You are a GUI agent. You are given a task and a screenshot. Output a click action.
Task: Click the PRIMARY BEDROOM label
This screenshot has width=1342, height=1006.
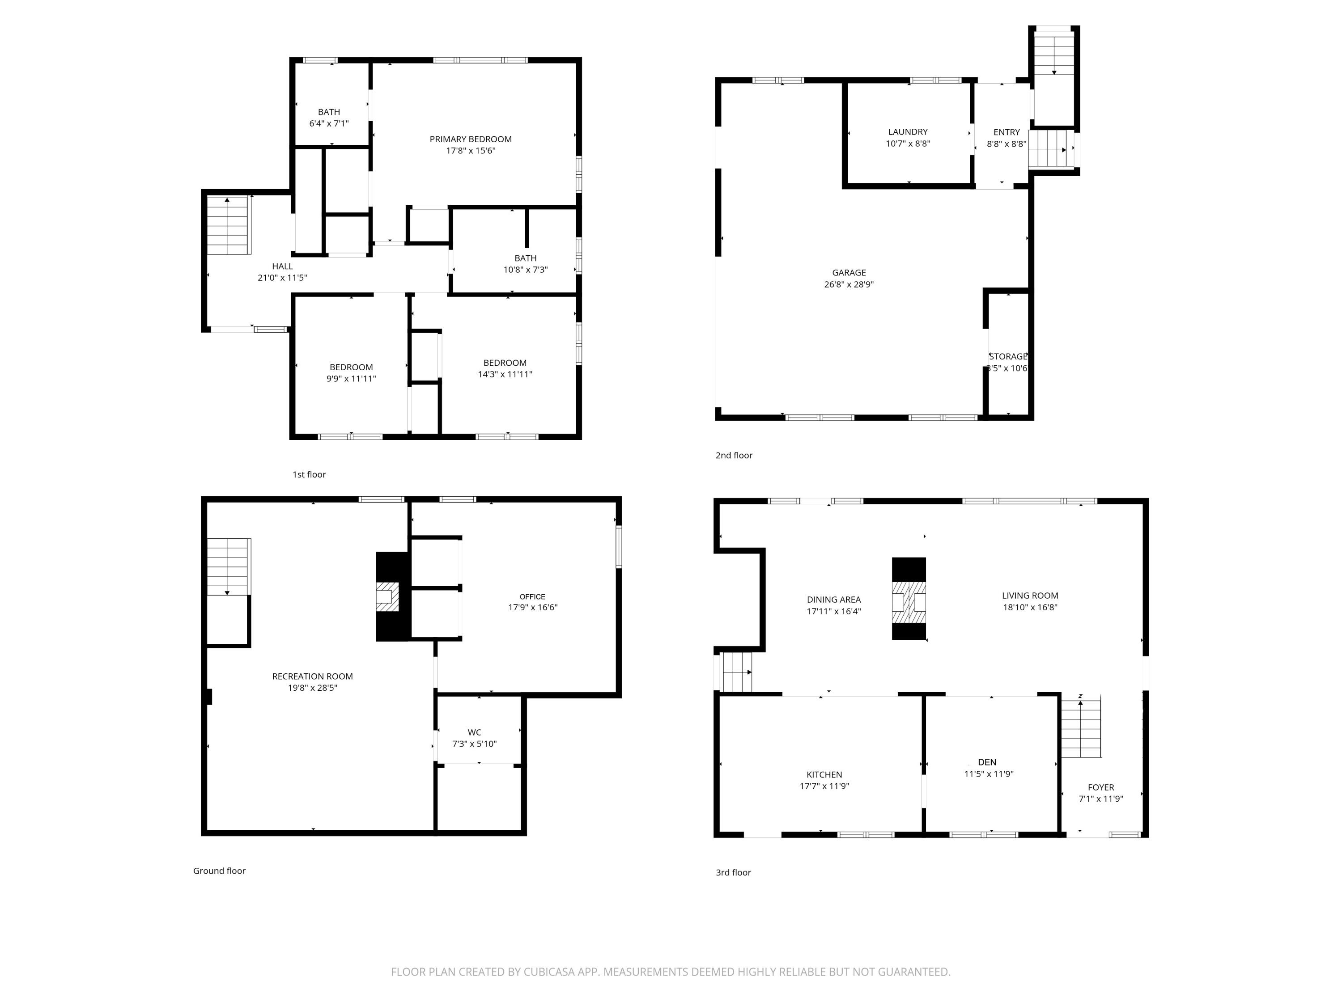[x=470, y=139]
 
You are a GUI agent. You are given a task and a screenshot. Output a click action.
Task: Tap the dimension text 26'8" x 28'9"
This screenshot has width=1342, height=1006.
[x=848, y=284]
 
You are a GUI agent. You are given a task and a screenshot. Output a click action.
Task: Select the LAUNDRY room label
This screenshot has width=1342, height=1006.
[x=908, y=131]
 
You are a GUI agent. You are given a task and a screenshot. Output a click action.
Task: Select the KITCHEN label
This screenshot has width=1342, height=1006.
[x=824, y=774]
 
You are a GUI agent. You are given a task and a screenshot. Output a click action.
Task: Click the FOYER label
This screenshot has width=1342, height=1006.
[x=1100, y=787]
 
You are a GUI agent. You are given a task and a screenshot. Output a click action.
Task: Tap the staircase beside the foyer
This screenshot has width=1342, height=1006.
[x=1080, y=727]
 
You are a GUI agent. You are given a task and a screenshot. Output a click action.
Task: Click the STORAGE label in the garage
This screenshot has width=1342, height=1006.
[x=1008, y=356]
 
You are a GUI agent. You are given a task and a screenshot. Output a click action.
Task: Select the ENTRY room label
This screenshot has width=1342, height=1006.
[x=1007, y=131]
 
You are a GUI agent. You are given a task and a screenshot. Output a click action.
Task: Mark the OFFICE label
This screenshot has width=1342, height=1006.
[x=532, y=597]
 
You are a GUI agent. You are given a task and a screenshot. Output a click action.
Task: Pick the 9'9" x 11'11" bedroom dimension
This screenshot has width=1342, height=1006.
[x=351, y=378]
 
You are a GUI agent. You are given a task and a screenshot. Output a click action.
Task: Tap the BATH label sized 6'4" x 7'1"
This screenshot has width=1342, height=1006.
[x=329, y=112]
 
